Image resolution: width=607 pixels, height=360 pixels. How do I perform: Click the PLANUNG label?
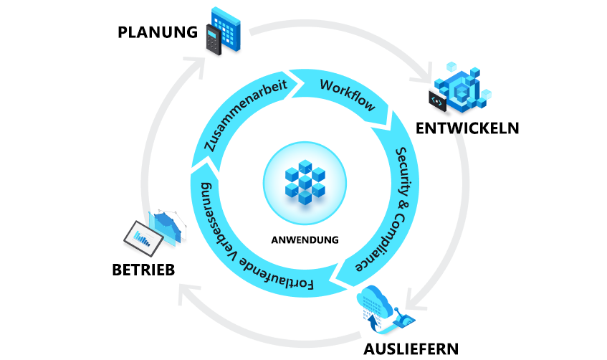click(158, 32)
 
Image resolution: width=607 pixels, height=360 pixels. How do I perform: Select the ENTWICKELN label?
click(467, 128)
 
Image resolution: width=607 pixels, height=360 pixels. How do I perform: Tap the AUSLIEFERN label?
click(411, 349)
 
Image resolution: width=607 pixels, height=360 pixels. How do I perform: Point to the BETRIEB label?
click(143, 270)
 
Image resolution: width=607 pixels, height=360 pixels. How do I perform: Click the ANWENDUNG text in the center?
click(305, 240)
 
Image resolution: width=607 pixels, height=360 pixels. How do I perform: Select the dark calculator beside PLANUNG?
click(213, 41)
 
